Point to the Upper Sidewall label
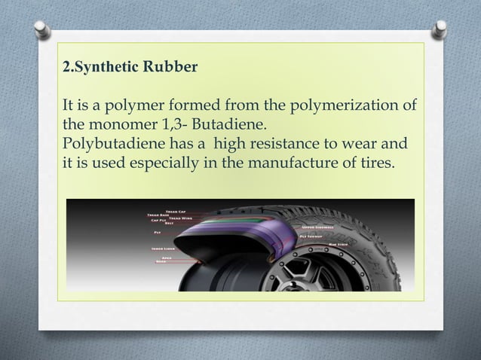tap(319, 225)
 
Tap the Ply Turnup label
tap(312, 236)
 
